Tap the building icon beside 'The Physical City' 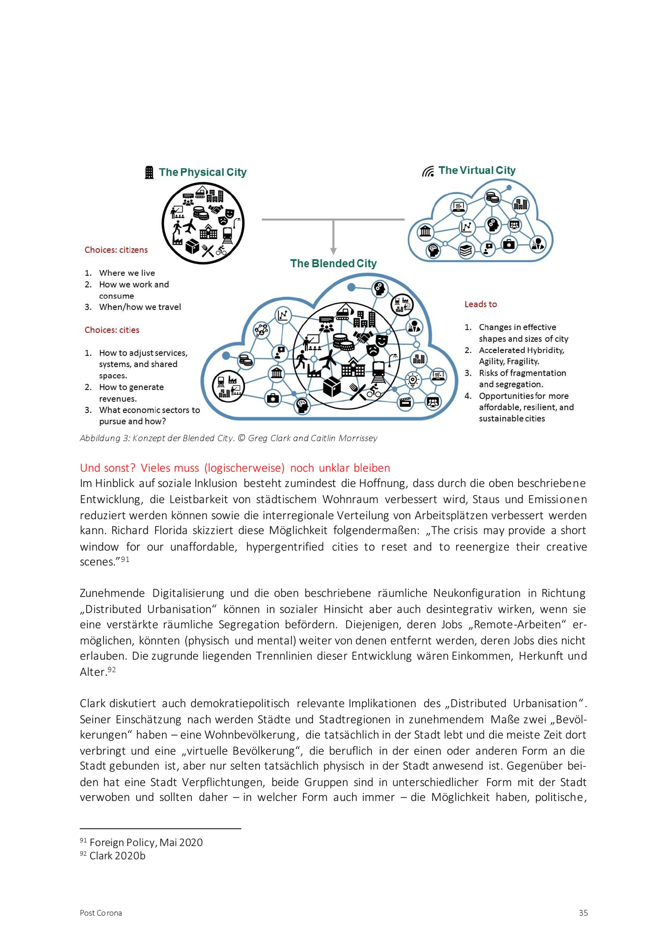pyautogui.click(x=149, y=173)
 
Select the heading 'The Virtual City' pyautogui.click(x=477, y=170)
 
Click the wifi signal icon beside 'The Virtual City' pyautogui.click(x=428, y=171)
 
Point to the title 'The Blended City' pyautogui.click(x=333, y=263)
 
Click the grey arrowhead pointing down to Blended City pyautogui.click(x=333, y=251)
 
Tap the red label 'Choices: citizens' pyautogui.click(x=116, y=250)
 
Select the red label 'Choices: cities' pyautogui.click(x=112, y=330)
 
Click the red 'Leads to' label pyautogui.click(x=480, y=304)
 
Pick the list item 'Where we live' pyautogui.click(x=127, y=273)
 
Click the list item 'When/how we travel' pyautogui.click(x=140, y=307)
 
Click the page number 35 pyautogui.click(x=583, y=913)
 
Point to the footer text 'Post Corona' pyautogui.click(x=101, y=913)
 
